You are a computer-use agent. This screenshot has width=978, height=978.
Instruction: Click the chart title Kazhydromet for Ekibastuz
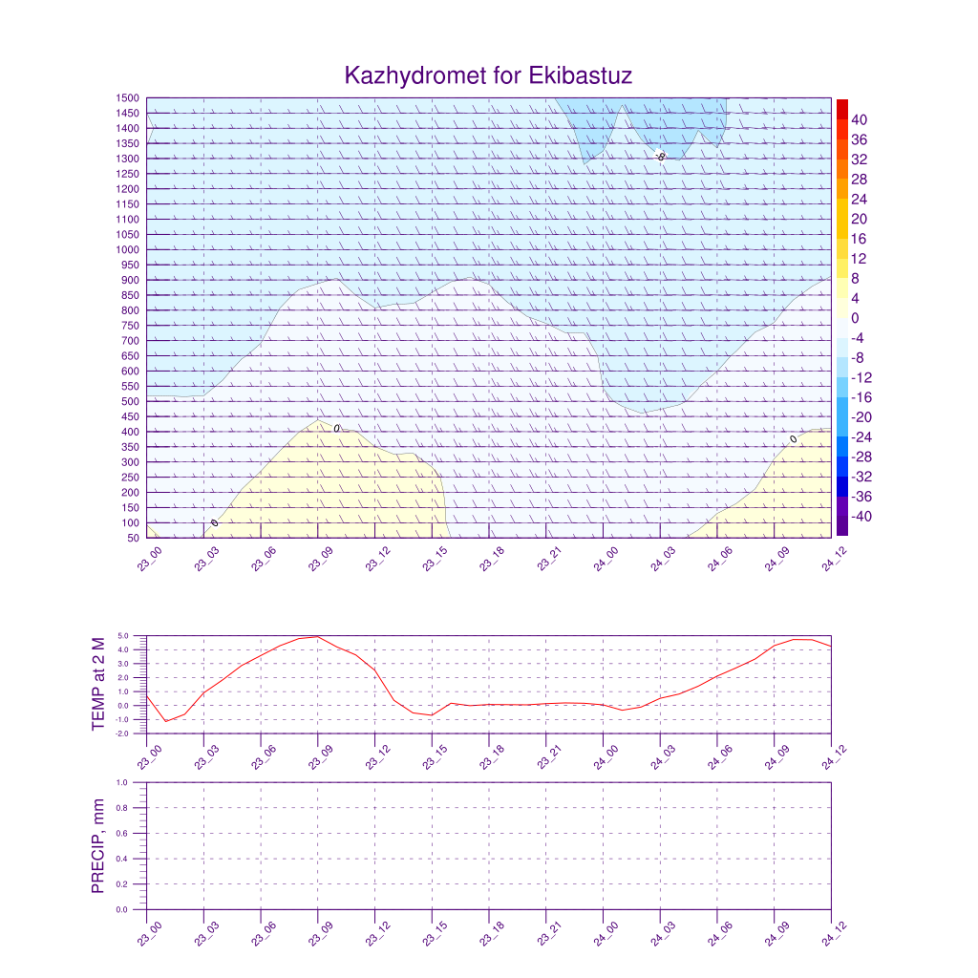click(x=488, y=75)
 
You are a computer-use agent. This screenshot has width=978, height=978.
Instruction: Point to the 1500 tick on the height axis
click(x=129, y=97)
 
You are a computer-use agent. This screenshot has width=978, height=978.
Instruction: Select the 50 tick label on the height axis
click(x=133, y=538)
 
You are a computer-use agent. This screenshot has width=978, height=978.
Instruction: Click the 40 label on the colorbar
click(x=859, y=119)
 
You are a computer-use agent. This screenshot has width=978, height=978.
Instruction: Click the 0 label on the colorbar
click(x=855, y=318)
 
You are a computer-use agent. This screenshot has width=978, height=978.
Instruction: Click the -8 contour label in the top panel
click(x=660, y=156)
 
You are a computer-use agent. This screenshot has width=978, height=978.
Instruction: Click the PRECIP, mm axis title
click(x=98, y=845)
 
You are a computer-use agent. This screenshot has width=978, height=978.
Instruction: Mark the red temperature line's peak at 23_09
click(x=318, y=636)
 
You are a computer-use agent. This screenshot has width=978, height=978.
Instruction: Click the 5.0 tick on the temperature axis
click(x=123, y=636)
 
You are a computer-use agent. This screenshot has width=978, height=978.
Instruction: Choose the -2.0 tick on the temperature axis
click(x=122, y=733)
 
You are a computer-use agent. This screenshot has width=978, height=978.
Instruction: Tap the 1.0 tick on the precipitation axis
click(x=123, y=782)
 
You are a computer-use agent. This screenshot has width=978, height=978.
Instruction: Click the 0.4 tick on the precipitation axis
click(x=123, y=859)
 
